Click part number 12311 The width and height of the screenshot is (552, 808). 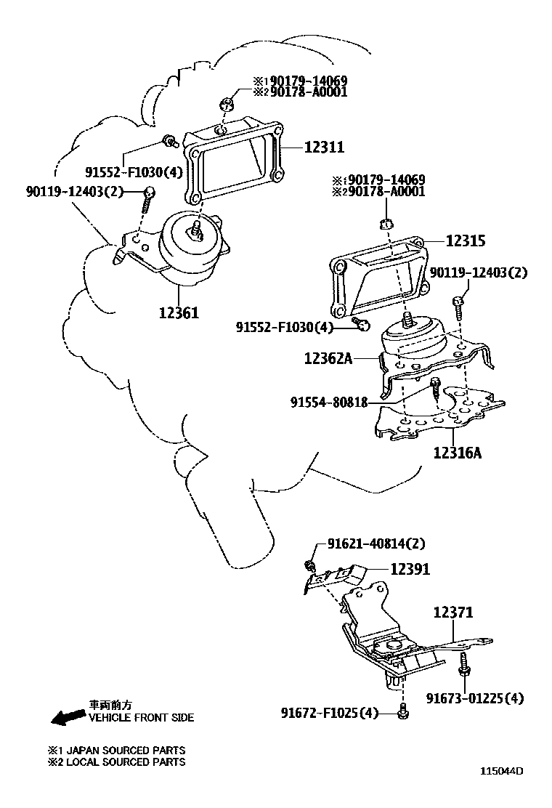click(x=323, y=148)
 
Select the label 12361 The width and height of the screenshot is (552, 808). click(x=179, y=313)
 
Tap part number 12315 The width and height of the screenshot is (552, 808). click(x=466, y=241)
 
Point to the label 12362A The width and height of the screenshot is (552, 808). click(x=328, y=357)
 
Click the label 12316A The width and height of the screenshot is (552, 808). click(x=458, y=453)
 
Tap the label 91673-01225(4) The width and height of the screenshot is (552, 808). click(x=485, y=698)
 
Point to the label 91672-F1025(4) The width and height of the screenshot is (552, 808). click(x=330, y=714)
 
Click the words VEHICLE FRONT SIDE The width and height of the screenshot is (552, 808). click(x=141, y=718)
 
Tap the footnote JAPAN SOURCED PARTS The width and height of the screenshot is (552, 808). click(x=124, y=750)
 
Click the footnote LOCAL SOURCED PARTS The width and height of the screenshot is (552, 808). click(x=124, y=762)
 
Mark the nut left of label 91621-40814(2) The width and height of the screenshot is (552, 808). click(x=310, y=565)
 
